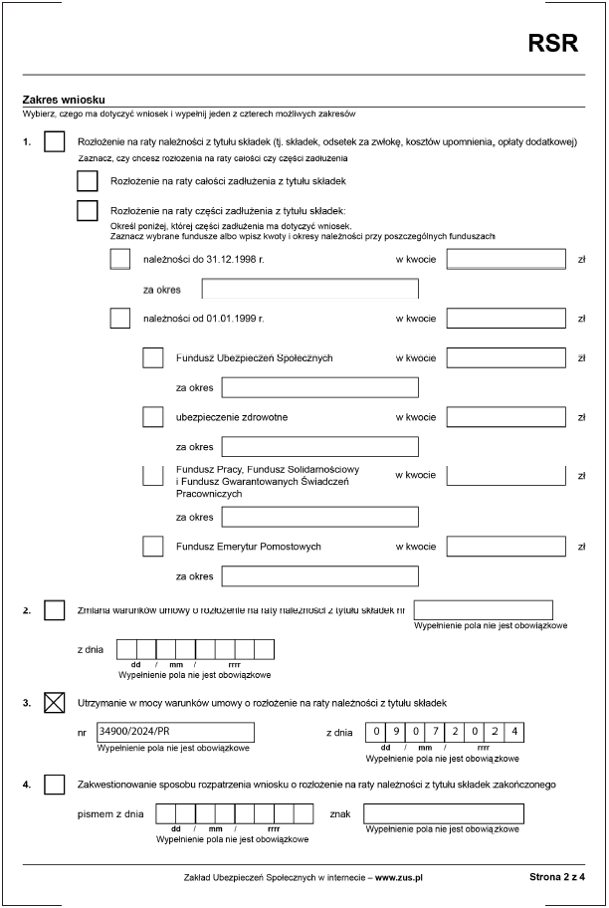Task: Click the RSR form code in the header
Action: click(552, 43)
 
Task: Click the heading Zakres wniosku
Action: click(64, 100)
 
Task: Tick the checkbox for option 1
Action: click(55, 142)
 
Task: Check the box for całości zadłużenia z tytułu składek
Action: click(88, 181)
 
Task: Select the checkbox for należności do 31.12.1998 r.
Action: click(120, 259)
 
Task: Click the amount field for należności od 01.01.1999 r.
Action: click(506, 319)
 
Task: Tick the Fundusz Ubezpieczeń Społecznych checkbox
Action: click(153, 357)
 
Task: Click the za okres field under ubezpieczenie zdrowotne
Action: click(319, 446)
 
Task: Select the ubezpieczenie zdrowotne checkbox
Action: click(153, 416)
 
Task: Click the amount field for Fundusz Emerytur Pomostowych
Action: click(506, 547)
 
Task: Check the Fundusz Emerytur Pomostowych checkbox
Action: click(153, 547)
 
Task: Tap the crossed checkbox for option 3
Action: click(55, 704)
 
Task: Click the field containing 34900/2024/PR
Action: click(174, 732)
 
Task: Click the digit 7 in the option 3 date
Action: click(436, 732)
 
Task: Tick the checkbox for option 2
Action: click(55, 609)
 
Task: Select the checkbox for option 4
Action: click(55, 785)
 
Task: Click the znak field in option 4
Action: click(443, 813)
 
